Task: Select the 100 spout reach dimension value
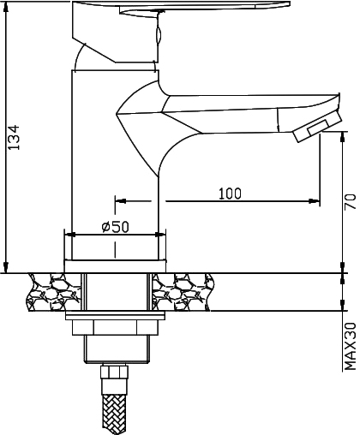pyautogui.click(x=229, y=193)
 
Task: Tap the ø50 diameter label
pyautogui.click(x=114, y=227)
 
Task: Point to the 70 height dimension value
pyautogui.click(x=349, y=202)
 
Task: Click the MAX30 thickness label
pyautogui.click(x=350, y=345)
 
